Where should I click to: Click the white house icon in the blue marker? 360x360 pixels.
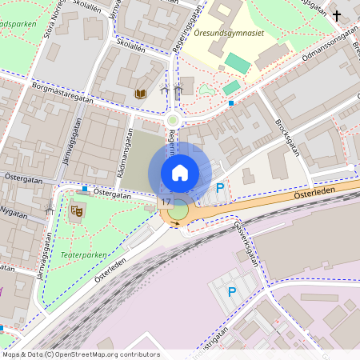click(180, 172)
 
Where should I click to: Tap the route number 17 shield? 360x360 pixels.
click(166, 202)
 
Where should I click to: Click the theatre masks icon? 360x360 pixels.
click(78, 210)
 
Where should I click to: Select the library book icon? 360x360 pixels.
click(141, 94)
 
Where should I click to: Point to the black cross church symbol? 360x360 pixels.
click(337, 15)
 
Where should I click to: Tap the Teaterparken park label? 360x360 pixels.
click(82, 255)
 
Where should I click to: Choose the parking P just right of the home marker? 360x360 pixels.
click(221, 189)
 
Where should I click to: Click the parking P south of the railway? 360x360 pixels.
click(232, 292)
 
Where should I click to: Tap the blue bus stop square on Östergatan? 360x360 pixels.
click(86, 189)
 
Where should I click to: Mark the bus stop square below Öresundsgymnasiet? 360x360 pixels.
click(231, 102)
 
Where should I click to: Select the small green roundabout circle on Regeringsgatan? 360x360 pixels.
click(172, 120)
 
